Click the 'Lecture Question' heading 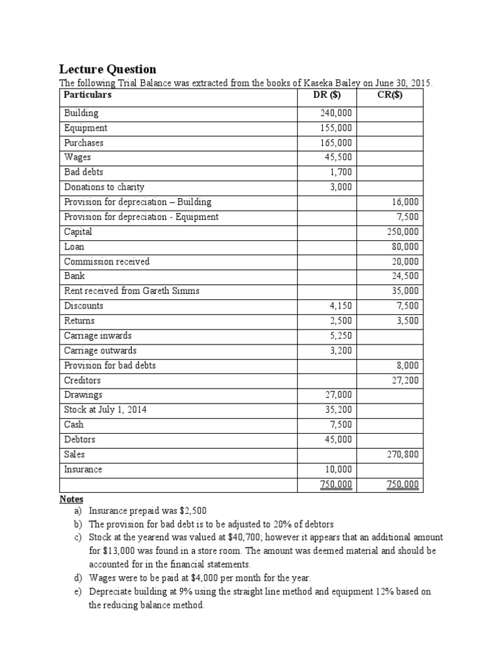click(108, 69)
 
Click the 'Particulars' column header click(88, 95)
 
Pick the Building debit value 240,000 click(336, 114)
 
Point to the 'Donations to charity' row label click(104, 188)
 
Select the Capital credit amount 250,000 click(404, 232)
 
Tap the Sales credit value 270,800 click(404, 454)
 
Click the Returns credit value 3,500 click(408, 321)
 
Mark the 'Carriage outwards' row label click(100, 350)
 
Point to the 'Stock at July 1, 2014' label click(105, 410)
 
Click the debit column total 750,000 click(336, 485)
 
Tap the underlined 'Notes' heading click(72, 499)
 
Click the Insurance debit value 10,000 click(338, 470)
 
